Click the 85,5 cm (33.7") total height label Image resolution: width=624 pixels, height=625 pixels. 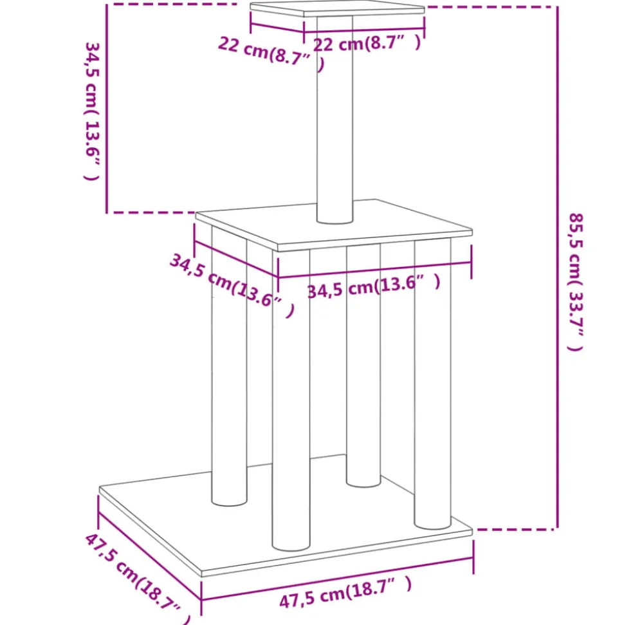pos(575,282)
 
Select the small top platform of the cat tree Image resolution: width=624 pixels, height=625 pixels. pos(337,9)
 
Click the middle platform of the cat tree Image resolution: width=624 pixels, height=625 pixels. pos(334,225)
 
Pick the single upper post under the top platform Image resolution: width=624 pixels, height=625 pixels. pos(335,120)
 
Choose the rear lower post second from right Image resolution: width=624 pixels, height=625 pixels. pos(363,366)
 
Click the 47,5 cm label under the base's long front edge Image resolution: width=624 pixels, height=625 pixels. pos(345,592)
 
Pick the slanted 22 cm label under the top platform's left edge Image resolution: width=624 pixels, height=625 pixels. pos(271,55)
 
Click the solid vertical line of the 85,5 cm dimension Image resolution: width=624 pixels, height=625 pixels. pos(558,268)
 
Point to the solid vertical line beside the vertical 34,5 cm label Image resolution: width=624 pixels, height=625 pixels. pos(107,108)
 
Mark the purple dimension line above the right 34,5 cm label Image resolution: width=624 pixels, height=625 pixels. pos(374,270)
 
